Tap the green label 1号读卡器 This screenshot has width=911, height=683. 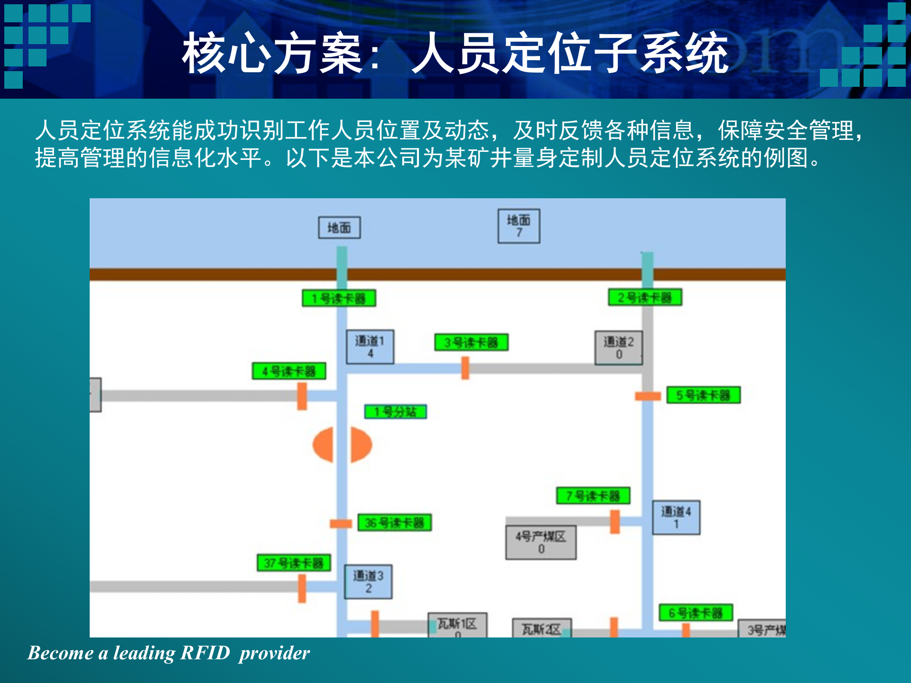click(x=339, y=298)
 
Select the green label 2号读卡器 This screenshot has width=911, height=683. click(x=645, y=297)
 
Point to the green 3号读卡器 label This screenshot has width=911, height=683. click(x=471, y=342)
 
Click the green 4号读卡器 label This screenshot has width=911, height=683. click(x=289, y=371)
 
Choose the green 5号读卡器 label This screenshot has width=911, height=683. click(x=703, y=395)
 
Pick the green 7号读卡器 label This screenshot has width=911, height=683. click(x=593, y=496)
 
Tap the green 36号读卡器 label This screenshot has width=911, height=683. click(x=394, y=523)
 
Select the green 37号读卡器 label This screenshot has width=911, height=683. click(x=294, y=563)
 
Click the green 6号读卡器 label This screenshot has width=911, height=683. click(x=696, y=613)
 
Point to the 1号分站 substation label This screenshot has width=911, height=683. click(x=395, y=412)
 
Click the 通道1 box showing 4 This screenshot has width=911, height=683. click(x=370, y=347)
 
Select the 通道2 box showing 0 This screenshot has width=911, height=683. click(x=619, y=348)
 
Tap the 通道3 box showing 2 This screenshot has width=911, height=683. click(x=368, y=581)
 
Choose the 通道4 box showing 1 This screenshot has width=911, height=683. click(x=676, y=517)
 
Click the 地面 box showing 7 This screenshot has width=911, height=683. click(x=519, y=226)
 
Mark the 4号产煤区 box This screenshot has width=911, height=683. click(x=541, y=542)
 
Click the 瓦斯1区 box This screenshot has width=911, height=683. click(x=457, y=625)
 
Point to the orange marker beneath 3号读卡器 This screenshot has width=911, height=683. click(x=465, y=368)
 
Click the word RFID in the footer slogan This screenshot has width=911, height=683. click(x=205, y=653)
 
